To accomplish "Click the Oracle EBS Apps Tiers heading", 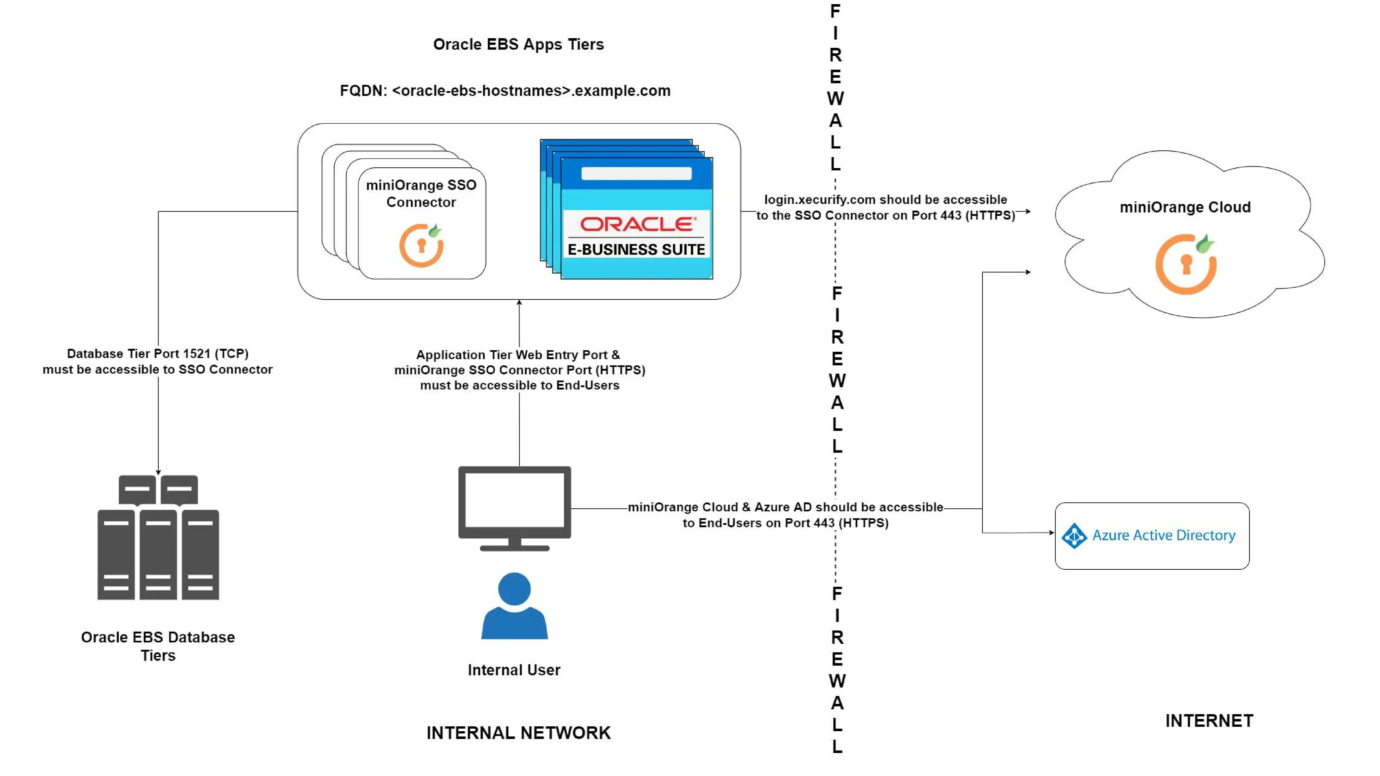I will click(518, 44).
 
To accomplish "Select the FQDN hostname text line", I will click(505, 91).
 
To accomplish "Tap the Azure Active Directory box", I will click(1152, 535).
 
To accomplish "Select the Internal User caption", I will click(514, 670).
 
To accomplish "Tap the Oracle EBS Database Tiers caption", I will click(158, 646).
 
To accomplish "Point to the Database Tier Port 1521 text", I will click(158, 361).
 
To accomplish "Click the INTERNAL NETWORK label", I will click(518, 733).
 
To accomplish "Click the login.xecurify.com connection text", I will click(885, 207).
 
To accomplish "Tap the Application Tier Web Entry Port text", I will click(519, 370).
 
